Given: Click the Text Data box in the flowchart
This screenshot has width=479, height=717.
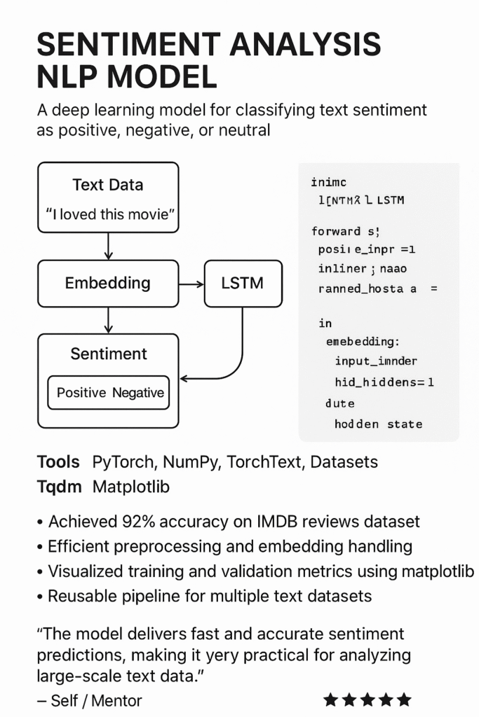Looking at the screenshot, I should click(x=107, y=185).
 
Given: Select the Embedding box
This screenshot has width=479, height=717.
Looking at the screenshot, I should click(x=107, y=283).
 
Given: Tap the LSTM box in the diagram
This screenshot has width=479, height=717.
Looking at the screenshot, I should click(x=242, y=283).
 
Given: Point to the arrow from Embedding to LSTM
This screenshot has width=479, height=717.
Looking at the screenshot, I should click(x=191, y=284).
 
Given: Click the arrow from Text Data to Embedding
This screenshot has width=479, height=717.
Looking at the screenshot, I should click(x=107, y=246).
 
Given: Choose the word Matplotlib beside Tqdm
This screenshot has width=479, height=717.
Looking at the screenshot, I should click(x=131, y=487).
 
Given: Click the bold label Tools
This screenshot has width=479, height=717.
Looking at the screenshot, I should click(x=58, y=462).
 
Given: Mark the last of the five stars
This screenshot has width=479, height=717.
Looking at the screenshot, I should click(x=403, y=699).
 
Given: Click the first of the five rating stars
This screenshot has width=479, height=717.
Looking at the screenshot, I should click(x=330, y=699).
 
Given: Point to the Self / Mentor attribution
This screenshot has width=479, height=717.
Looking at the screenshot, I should click(x=89, y=700).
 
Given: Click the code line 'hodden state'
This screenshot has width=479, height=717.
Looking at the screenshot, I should click(x=378, y=424).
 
